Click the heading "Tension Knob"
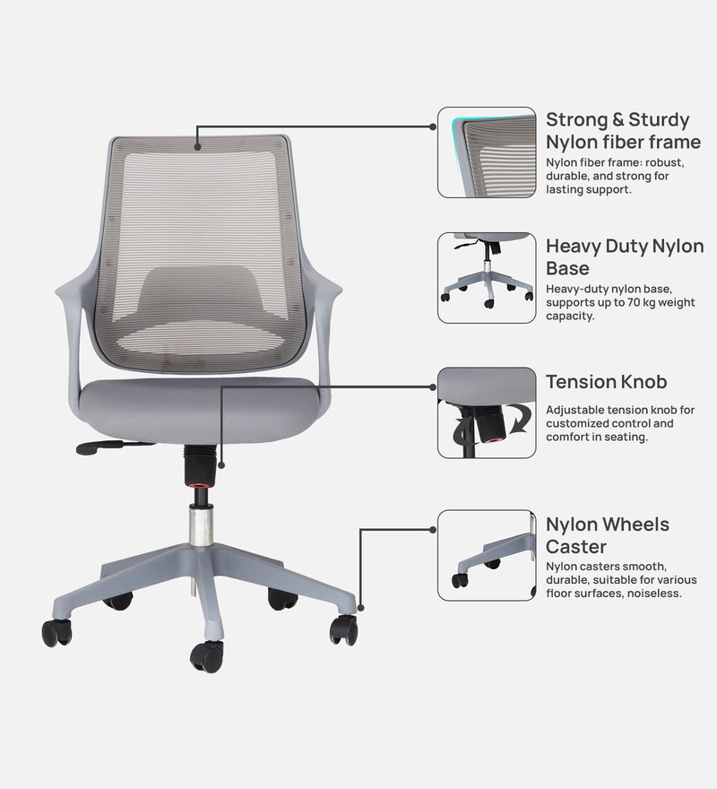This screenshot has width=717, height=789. (x=607, y=382)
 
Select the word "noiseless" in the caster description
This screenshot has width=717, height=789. (x=654, y=593)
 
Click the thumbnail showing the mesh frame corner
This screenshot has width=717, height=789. (x=487, y=152)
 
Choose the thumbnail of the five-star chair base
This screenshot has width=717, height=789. (x=487, y=278)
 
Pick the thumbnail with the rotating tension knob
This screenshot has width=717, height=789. (x=487, y=412)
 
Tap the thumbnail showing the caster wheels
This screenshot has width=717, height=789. (x=487, y=555)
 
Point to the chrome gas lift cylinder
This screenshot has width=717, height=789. (x=201, y=525)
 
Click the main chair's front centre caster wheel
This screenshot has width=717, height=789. (x=207, y=655)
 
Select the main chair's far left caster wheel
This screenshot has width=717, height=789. (x=57, y=632)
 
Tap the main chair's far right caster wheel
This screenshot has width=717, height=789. (x=343, y=629)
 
